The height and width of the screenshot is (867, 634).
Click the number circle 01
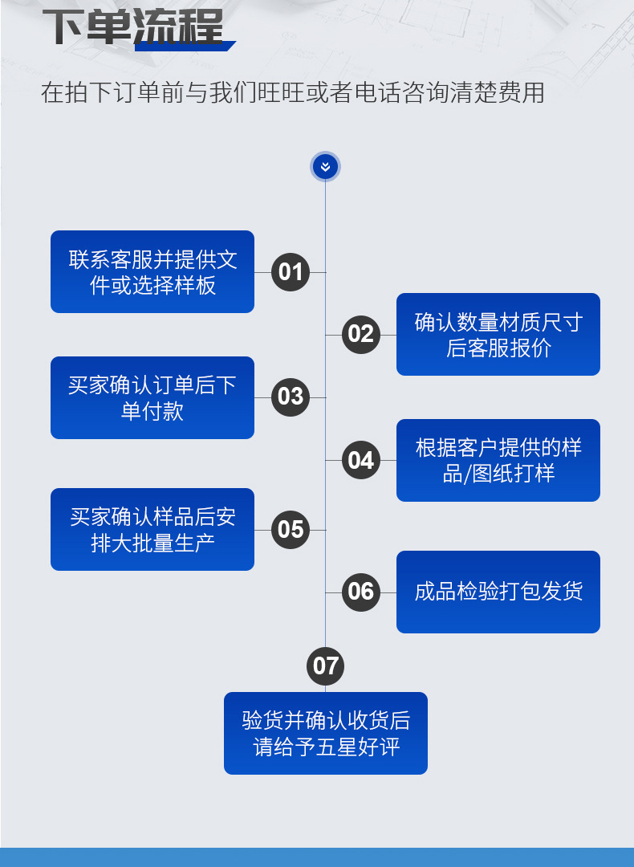tap(291, 272)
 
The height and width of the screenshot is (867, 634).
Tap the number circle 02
tap(361, 334)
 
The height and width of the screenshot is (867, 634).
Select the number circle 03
tap(291, 397)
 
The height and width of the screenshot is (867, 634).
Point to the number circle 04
tap(361, 460)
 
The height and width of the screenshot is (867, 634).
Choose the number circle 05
tap(291, 530)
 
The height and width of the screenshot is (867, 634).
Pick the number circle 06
tap(361, 592)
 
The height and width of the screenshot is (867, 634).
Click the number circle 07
tap(326, 666)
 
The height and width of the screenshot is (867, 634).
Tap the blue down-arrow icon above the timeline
tap(325, 166)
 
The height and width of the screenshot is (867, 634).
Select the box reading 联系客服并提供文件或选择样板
tap(152, 272)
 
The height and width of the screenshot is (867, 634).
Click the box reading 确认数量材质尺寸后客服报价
tap(498, 335)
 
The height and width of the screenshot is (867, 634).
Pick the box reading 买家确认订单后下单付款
tap(152, 398)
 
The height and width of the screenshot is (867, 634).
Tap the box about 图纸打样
tap(498, 461)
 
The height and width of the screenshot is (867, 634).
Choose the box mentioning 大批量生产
tap(152, 530)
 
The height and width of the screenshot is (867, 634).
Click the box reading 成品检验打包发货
tap(498, 592)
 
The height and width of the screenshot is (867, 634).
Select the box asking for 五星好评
tap(326, 734)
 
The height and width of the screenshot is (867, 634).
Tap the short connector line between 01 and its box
tap(262, 272)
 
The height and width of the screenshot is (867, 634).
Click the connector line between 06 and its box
tap(388, 592)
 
